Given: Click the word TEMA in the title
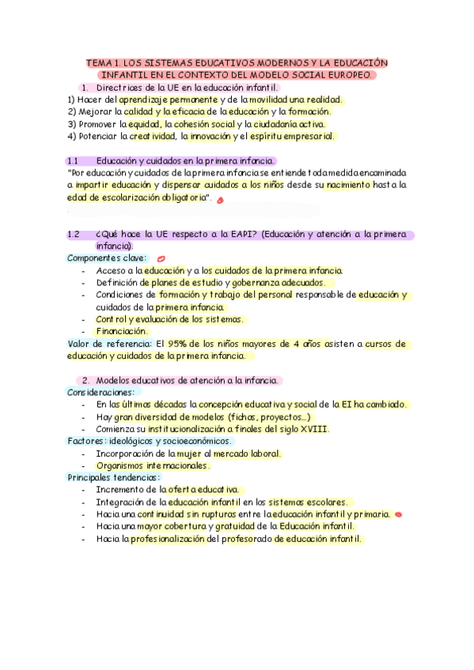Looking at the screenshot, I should pyautogui.click(x=100, y=62).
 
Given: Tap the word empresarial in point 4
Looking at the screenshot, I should pyautogui.click(x=307, y=136).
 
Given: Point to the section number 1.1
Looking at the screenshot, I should pyautogui.click(x=74, y=160).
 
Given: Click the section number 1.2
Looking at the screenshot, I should pyautogui.click(x=74, y=235).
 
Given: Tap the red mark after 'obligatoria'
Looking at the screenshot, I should pyautogui.click(x=220, y=201).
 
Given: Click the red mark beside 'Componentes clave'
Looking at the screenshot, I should pyautogui.click(x=161, y=258).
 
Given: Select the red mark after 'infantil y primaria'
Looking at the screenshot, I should pyautogui.click(x=398, y=514).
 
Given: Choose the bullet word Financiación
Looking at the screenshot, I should pyautogui.click(x=122, y=331).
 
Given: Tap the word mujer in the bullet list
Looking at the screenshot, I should pyautogui.click(x=188, y=454).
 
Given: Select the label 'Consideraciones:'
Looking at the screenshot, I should pyautogui.click(x=100, y=392).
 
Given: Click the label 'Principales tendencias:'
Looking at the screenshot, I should pyautogui.click(x=113, y=477).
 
